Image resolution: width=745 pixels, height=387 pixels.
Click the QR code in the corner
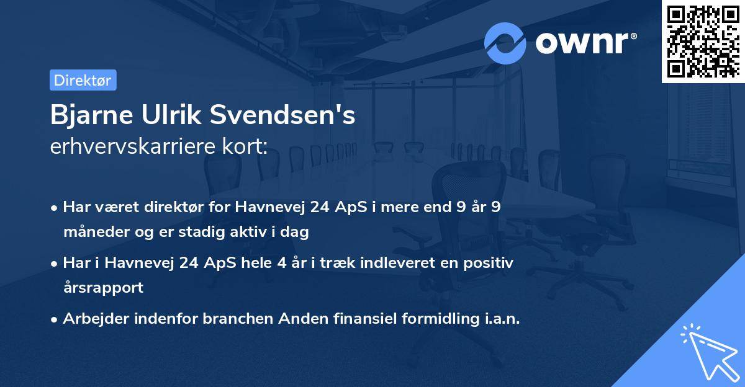pos(703,41)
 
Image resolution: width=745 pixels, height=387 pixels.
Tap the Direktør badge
pos(83,80)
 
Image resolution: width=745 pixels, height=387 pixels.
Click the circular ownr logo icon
pos(505,43)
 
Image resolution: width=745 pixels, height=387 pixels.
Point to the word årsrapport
pos(103,288)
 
